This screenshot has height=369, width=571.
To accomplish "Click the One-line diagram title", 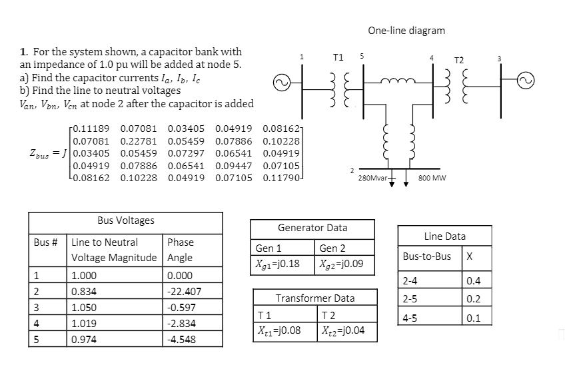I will [406, 30].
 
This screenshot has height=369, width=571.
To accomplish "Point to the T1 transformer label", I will [338, 57].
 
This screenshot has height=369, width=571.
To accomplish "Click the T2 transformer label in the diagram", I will [459, 60].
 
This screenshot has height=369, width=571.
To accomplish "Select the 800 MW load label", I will [433, 179].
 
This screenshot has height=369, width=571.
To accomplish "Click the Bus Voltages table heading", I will [125, 220].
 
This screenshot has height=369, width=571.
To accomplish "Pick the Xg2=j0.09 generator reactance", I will [342, 264].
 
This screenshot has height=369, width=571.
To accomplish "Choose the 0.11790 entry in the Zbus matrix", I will [281, 179].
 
